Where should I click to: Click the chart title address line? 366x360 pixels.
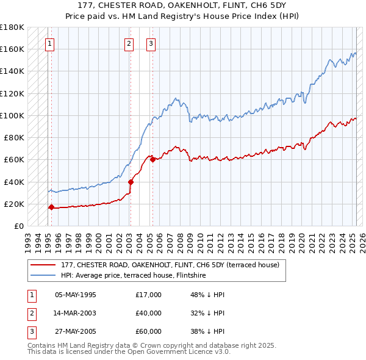(x=182, y=6)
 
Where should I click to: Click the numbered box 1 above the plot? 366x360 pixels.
(x=49, y=43)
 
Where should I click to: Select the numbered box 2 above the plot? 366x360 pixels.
(x=129, y=43)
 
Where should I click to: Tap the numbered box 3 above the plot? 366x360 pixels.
(x=151, y=43)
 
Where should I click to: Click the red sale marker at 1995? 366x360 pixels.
(x=51, y=207)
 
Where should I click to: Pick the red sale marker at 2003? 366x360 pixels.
(x=131, y=182)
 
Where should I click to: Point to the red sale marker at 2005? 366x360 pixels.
(x=152, y=160)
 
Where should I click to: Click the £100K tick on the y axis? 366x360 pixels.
(x=12, y=115)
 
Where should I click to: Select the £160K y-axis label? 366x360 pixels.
(x=12, y=49)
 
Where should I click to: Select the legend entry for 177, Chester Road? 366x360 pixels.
(x=170, y=265)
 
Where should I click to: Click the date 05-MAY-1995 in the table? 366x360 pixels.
(x=76, y=295)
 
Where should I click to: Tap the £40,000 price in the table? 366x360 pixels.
(x=149, y=313)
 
